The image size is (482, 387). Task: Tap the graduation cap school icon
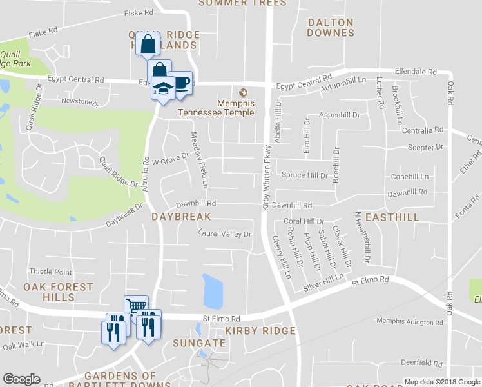point(163,88)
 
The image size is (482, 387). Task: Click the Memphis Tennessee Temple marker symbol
point(243,92)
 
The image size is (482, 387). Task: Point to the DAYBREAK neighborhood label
point(181,217)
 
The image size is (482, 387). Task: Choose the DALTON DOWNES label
point(331,27)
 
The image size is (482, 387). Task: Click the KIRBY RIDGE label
point(260,331)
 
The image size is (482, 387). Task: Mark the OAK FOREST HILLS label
point(58,292)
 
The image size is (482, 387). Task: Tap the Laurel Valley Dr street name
point(224,233)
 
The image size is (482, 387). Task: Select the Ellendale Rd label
point(416,72)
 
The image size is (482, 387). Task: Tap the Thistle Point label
point(50,272)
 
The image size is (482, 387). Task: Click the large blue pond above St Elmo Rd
point(212,292)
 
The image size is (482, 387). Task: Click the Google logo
point(21,379)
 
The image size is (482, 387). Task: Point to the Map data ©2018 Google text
point(442,382)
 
